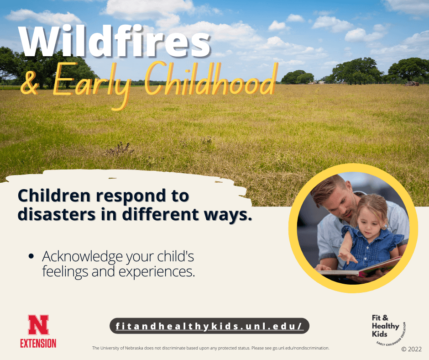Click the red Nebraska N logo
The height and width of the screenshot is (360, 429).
[38, 325]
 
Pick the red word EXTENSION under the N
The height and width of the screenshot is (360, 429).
[38, 343]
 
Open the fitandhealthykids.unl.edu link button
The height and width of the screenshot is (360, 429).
[209, 326]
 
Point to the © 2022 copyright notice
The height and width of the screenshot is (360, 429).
[411, 349]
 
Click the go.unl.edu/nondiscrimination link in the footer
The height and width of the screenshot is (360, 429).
[301, 348]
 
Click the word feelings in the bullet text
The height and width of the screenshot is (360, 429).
[65, 271]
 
